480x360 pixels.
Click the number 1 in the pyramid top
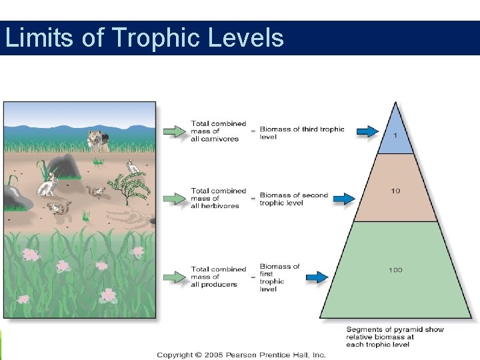395,136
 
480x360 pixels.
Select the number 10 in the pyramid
395,191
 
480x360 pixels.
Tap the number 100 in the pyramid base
395,270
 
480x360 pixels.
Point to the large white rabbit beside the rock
47,185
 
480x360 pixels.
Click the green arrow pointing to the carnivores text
175,131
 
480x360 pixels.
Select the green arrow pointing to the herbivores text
175,199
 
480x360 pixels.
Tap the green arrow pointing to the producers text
175,277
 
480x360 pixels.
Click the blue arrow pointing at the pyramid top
366,131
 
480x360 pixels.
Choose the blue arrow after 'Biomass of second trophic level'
343,199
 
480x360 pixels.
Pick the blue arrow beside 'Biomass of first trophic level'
317,277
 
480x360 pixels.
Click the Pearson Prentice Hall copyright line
241,355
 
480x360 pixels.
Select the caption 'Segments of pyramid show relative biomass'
395,337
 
